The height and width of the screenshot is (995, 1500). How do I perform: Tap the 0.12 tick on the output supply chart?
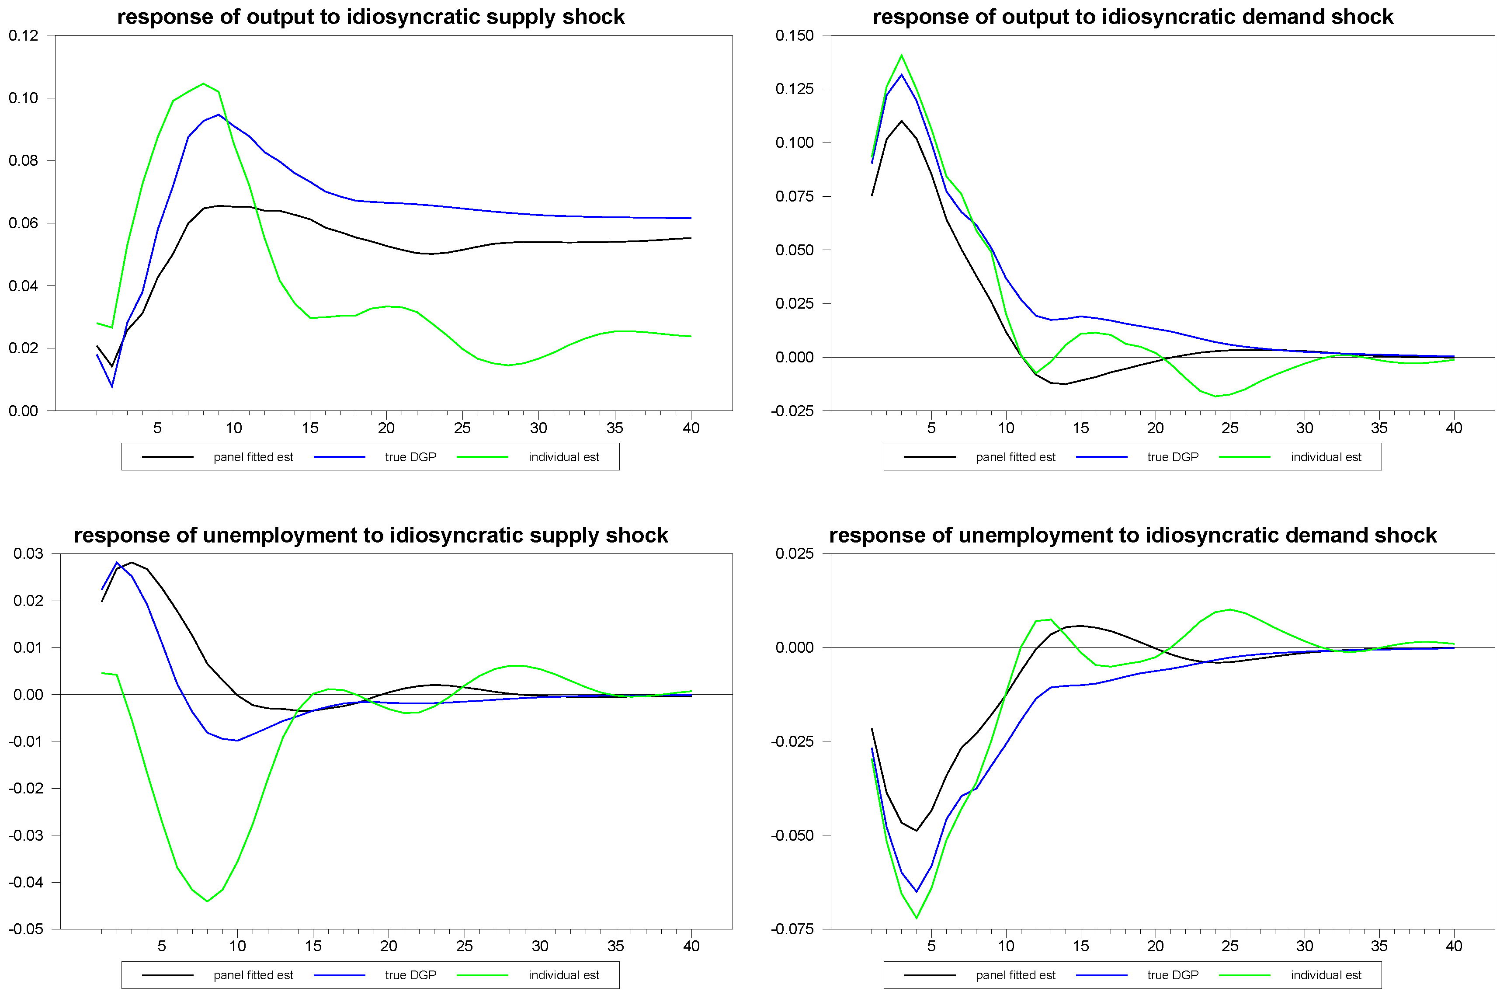tap(24, 35)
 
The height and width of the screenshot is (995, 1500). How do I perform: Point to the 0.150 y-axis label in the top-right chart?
tap(794, 35)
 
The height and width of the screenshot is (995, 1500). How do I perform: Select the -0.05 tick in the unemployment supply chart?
tap(26, 929)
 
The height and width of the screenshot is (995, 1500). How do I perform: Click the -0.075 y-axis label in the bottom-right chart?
tap(792, 929)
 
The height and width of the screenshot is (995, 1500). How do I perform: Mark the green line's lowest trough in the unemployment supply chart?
tap(208, 901)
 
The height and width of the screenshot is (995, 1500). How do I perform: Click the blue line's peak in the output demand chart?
tap(901, 75)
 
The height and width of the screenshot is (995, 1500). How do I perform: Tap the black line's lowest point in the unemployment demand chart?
tap(916, 831)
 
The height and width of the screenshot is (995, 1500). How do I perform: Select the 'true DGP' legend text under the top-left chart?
tap(410, 457)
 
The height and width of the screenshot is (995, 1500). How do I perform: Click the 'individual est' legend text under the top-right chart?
tap(1326, 457)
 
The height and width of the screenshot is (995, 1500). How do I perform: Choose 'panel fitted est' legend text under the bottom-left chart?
tap(253, 975)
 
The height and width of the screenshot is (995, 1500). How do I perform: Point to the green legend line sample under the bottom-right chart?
tap(1244, 975)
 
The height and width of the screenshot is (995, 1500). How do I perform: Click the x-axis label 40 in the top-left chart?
tap(691, 428)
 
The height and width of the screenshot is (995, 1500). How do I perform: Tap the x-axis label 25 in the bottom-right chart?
tap(1229, 946)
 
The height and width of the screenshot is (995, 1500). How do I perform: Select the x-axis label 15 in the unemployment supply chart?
tap(312, 946)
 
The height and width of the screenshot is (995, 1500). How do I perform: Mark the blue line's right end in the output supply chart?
tap(690, 218)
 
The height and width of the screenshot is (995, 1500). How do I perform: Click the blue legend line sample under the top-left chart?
tap(339, 457)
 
